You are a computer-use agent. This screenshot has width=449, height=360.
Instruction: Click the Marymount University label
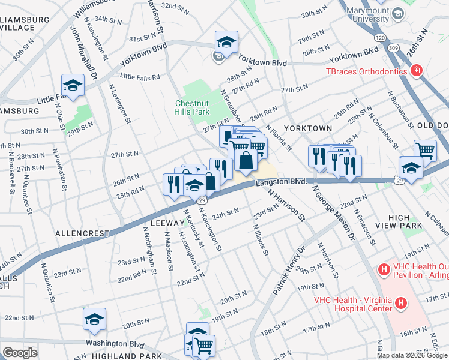point(362,14)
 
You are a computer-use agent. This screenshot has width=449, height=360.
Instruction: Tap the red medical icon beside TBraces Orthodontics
point(415,71)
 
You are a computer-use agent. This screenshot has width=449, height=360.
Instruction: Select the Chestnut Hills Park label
point(191,107)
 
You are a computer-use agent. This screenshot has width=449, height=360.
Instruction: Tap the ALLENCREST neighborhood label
point(82,233)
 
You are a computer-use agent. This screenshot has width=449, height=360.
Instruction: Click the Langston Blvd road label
point(282,181)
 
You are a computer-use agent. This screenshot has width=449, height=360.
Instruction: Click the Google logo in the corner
point(20,353)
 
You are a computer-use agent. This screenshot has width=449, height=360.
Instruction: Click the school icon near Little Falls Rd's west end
point(73,86)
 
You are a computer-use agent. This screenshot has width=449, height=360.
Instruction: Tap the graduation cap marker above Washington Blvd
point(94,320)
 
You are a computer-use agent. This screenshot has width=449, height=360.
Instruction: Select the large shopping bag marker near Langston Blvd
point(246,160)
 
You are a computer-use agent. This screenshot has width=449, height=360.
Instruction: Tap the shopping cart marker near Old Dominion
point(425,150)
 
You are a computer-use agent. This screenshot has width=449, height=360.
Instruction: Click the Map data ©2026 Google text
point(412,355)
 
